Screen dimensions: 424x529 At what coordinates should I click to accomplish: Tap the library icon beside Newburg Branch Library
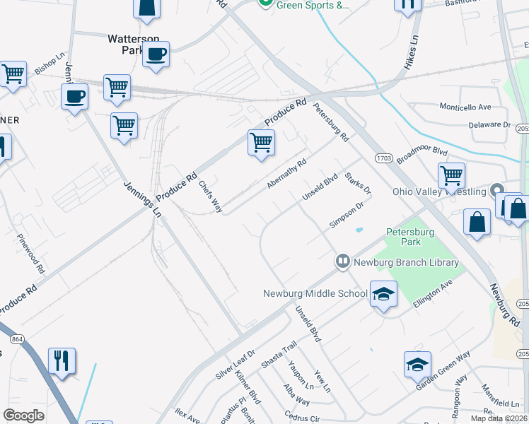[x=343, y=262]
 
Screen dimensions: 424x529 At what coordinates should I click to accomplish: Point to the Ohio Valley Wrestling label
[x=439, y=192]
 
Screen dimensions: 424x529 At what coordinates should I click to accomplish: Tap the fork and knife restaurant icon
[x=62, y=360]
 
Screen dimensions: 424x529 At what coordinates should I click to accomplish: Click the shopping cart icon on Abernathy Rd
[x=261, y=142]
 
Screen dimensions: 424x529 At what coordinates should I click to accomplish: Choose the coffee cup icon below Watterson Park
[x=156, y=54]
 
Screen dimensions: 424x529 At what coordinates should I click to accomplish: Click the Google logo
[x=23, y=416]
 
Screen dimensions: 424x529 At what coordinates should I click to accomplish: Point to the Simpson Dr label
[x=346, y=216]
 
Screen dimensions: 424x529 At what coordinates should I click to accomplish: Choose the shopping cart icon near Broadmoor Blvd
[x=450, y=175]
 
